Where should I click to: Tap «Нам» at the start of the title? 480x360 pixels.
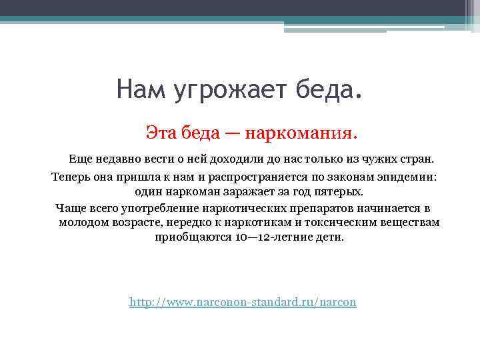141,89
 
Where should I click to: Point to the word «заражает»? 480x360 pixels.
235,192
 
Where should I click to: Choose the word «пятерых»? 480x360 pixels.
340,192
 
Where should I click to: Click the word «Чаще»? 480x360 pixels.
71,208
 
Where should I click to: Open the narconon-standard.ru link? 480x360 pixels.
243,303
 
